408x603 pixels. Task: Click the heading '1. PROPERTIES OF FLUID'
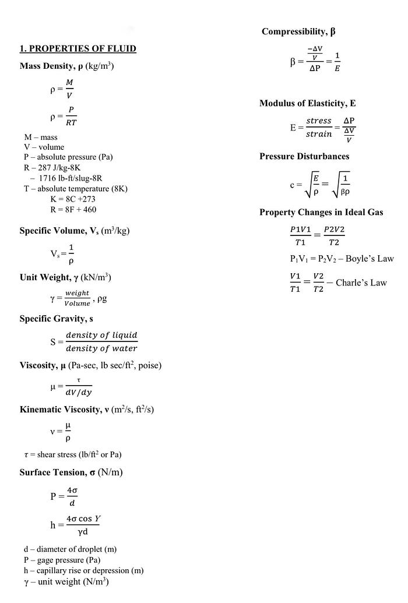(78, 48)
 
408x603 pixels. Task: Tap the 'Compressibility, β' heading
(298, 31)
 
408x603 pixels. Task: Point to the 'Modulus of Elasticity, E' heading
(307, 103)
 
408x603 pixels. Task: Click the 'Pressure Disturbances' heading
(304, 156)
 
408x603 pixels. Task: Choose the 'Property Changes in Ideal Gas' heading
(321, 212)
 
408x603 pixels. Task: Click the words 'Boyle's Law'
(370, 259)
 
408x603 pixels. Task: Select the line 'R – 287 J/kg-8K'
(53, 168)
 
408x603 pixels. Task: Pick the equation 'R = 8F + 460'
(73, 209)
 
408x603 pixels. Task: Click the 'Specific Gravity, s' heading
(56, 319)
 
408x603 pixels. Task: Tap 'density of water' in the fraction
(101, 348)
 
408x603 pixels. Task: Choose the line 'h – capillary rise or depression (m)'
(83, 570)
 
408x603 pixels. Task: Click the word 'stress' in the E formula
(319, 121)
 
